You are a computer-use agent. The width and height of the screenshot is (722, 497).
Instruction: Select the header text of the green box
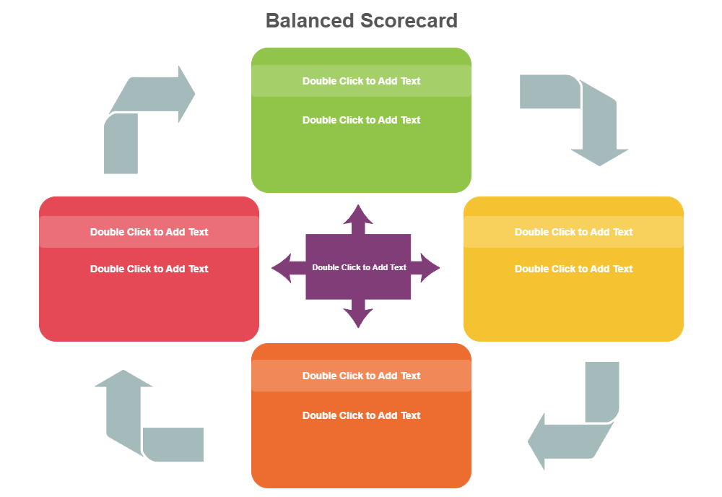pos(361,81)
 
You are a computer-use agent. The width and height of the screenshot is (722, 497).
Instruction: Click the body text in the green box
pos(361,120)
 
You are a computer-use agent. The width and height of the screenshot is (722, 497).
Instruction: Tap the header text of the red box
pos(149,232)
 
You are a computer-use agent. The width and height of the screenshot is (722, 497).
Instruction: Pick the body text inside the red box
pos(149,269)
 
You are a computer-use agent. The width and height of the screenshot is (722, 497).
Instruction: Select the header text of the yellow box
pos(573,232)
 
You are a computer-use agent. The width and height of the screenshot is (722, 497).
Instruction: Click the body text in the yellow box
pos(573,269)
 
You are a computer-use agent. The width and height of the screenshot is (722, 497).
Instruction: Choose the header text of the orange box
pos(361,376)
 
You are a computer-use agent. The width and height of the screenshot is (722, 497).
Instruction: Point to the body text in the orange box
pos(361,415)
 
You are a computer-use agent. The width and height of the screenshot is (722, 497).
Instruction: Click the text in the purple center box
pos(359,267)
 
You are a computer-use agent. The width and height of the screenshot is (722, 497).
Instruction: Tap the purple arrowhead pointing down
pos(358,318)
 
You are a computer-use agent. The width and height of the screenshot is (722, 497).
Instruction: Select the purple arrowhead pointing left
pos(282,268)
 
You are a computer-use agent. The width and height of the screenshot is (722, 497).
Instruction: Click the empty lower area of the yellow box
pos(573,311)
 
